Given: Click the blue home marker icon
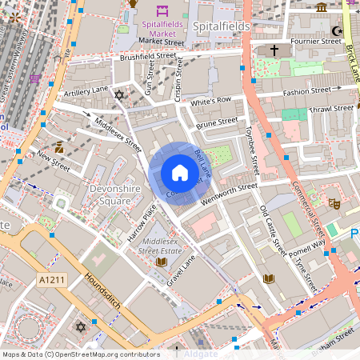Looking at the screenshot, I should point(179,172).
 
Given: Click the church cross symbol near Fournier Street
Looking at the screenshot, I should point(274,50).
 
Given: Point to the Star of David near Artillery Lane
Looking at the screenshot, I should point(120,95).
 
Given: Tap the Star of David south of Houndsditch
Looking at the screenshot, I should point(79,327).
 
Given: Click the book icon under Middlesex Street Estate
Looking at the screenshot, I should point(162,262).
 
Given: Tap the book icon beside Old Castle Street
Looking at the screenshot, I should point(269,278).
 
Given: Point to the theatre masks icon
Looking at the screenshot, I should point(334,205).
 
